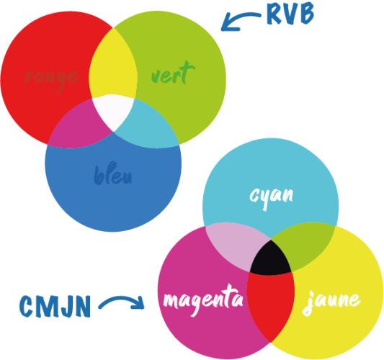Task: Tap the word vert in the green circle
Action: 173,73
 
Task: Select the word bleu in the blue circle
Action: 113,174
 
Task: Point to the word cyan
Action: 272,197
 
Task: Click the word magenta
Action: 203,300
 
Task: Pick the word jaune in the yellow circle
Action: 331,303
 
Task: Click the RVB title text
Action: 290,14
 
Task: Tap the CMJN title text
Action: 55,307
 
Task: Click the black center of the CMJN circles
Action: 271,259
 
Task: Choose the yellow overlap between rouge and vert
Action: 113,63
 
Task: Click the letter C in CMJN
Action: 27,307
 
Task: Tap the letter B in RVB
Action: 306,14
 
